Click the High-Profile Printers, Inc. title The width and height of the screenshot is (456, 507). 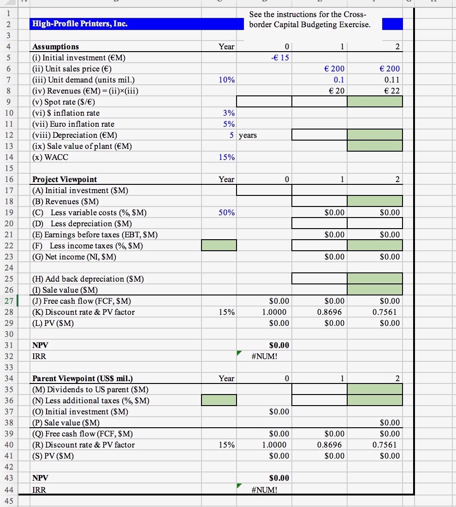[80, 24]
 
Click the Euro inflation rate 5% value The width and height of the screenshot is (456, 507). [229, 124]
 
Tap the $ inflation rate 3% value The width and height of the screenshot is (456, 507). [229, 113]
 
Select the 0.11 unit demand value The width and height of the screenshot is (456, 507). [392, 80]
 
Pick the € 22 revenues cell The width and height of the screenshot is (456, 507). [391, 91]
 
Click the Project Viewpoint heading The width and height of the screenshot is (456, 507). [65, 179]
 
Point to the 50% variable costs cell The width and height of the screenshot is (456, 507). [226, 212]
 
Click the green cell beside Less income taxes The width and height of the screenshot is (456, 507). [219, 246]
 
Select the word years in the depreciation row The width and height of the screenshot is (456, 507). [248, 135]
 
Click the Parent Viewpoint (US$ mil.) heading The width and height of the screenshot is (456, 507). [82, 378]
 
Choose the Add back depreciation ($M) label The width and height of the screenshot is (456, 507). [88, 279]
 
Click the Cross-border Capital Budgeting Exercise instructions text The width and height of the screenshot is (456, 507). [309, 19]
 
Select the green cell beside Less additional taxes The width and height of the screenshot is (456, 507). [219, 401]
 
